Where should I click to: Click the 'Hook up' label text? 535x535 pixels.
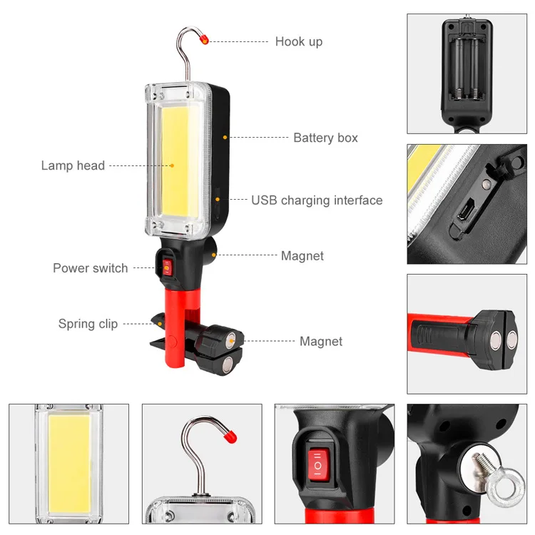[x=298, y=41]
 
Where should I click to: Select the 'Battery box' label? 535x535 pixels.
[x=325, y=138]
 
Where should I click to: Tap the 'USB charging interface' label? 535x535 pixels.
[x=317, y=200]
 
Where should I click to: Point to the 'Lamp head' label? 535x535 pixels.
[x=73, y=165]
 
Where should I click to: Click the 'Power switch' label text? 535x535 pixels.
[x=91, y=268]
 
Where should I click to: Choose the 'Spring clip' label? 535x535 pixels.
[x=88, y=324]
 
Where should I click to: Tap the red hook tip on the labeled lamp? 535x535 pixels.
[x=204, y=39]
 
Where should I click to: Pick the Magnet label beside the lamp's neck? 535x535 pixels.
[x=302, y=256]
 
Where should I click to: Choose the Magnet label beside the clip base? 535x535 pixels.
[x=320, y=342]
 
